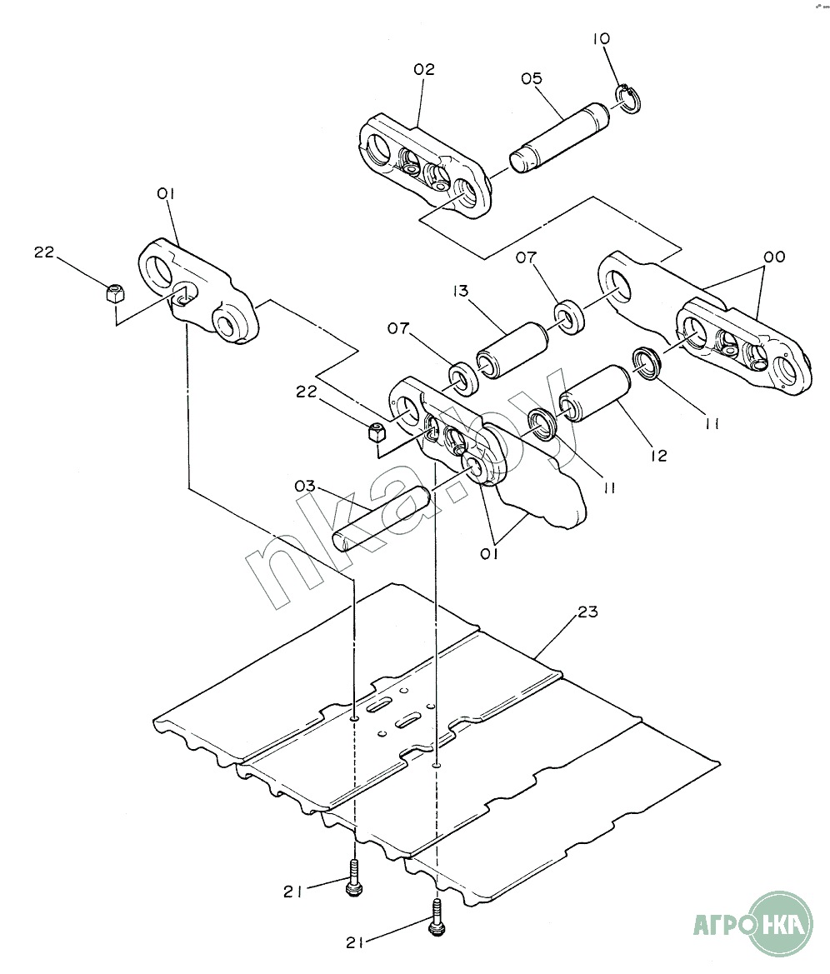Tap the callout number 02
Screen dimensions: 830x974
click(x=424, y=70)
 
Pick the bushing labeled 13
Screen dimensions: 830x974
click(x=512, y=350)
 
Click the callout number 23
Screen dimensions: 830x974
click(x=587, y=612)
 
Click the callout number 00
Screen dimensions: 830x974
click(x=774, y=257)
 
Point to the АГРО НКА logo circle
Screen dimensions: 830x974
click(x=781, y=924)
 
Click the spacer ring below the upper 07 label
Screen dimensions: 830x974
click(x=567, y=317)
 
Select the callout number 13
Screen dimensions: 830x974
click(x=460, y=292)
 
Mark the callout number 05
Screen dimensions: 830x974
click(x=531, y=78)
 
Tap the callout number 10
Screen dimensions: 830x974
click(x=601, y=38)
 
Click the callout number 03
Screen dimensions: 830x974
click(x=305, y=486)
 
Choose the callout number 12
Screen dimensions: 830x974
click(x=658, y=456)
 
